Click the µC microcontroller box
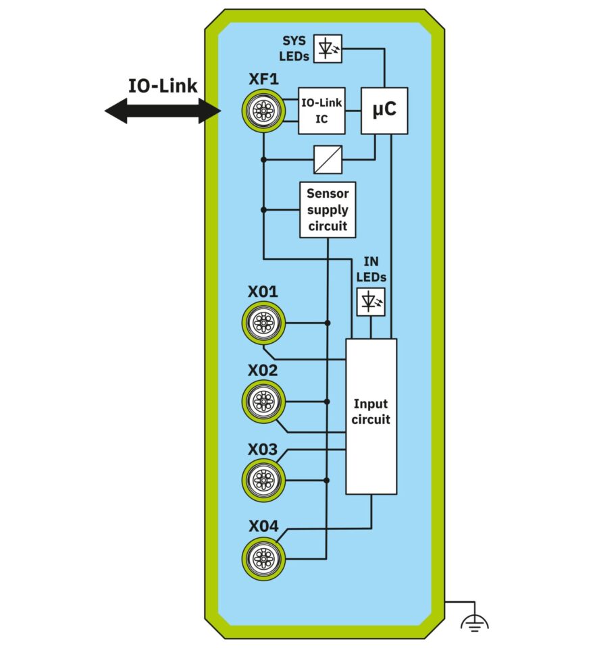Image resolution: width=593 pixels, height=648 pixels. pyautogui.click(x=385, y=111)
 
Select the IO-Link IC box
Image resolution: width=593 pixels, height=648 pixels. pyautogui.click(x=322, y=111)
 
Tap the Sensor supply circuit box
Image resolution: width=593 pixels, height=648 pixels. pyautogui.click(x=328, y=209)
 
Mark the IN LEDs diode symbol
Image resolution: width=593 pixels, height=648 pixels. pyautogui.click(x=370, y=302)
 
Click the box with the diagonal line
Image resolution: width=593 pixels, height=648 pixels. pyautogui.click(x=328, y=160)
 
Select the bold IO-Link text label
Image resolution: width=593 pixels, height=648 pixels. pyautogui.click(x=163, y=86)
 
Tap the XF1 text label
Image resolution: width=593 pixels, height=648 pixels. pyautogui.click(x=264, y=80)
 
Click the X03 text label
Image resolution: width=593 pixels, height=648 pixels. pyautogui.click(x=263, y=449)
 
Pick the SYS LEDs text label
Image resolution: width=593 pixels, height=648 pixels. pyautogui.click(x=294, y=49)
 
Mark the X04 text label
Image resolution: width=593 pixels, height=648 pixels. pyautogui.click(x=263, y=527)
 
